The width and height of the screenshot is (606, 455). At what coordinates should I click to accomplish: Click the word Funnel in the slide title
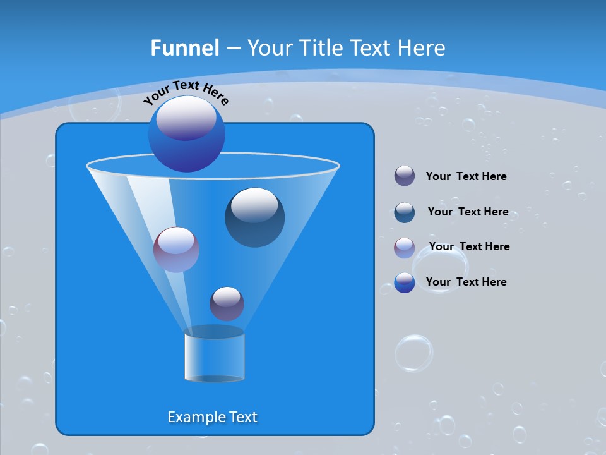[x=185, y=48]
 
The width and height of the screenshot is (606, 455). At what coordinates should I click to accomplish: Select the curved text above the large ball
[x=186, y=92]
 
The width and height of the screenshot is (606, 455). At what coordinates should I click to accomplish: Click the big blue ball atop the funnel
[x=187, y=133]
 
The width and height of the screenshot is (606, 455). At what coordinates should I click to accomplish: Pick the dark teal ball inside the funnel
[x=254, y=217]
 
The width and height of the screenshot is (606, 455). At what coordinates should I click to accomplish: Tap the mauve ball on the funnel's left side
[x=176, y=249]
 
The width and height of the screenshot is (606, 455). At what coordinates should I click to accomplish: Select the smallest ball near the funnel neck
[x=227, y=303]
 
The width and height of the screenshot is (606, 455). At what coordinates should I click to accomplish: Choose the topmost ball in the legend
[x=405, y=176]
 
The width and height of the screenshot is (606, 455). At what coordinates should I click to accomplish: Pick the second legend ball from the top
[x=405, y=212]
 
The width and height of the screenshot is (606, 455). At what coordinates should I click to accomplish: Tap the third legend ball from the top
[x=405, y=248]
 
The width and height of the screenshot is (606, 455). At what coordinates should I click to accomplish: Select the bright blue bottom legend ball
[x=405, y=282]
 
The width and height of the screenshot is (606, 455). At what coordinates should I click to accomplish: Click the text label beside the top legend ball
[x=466, y=176]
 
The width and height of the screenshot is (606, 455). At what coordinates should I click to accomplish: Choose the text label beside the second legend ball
[x=468, y=212]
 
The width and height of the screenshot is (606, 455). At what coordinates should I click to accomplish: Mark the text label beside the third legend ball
[x=469, y=246]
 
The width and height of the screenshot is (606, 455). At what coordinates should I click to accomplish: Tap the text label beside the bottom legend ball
[x=466, y=282]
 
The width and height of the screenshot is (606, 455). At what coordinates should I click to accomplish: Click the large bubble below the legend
[x=414, y=353]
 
